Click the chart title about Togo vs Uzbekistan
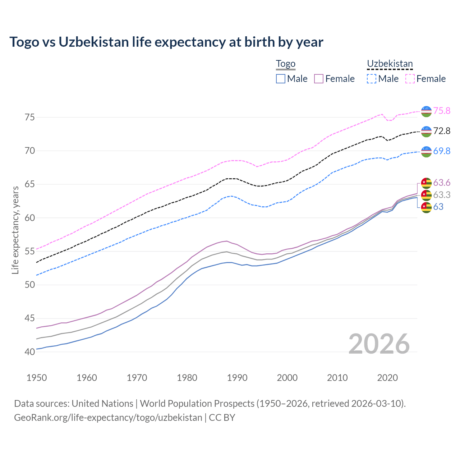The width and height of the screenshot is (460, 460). pyautogui.click(x=166, y=42)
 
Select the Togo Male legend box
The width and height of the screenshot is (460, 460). pyautogui.click(x=281, y=79)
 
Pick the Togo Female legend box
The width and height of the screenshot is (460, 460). pyautogui.click(x=319, y=79)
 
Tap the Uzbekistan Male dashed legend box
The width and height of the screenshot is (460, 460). pyautogui.click(x=372, y=79)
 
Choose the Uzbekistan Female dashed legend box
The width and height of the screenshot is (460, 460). pyautogui.click(x=410, y=79)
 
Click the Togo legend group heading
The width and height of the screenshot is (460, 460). pyautogui.click(x=286, y=64)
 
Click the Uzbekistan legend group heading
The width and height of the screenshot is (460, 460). pyautogui.click(x=390, y=64)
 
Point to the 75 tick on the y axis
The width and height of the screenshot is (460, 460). pyautogui.click(x=30, y=117)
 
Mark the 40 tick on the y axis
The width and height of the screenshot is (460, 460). pyautogui.click(x=30, y=352)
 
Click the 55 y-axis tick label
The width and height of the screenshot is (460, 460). pyautogui.click(x=30, y=251)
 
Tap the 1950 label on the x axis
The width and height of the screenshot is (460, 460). pyautogui.click(x=37, y=378)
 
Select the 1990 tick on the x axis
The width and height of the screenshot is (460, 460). pyautogui.click(x=237, y=378)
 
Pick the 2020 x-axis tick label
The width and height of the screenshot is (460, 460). pyautogui.click(x=387, y=378)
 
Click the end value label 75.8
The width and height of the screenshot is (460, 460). pyautogui.click(x=442, y=111)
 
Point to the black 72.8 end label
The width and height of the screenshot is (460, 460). pyautogui.click(x=442, y=131)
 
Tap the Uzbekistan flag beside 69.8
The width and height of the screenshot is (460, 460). pyautogui.click(x=426, y=151)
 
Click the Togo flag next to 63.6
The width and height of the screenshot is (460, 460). pyautogui.click(x=426, y=183)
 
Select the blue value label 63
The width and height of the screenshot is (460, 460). pyautogui.click(x=438, y=207)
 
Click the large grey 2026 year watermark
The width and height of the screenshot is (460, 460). pyautogui.click(x=379, y=344)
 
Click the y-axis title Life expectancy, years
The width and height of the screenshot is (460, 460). pyautogui.click(x=15, y=230)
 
